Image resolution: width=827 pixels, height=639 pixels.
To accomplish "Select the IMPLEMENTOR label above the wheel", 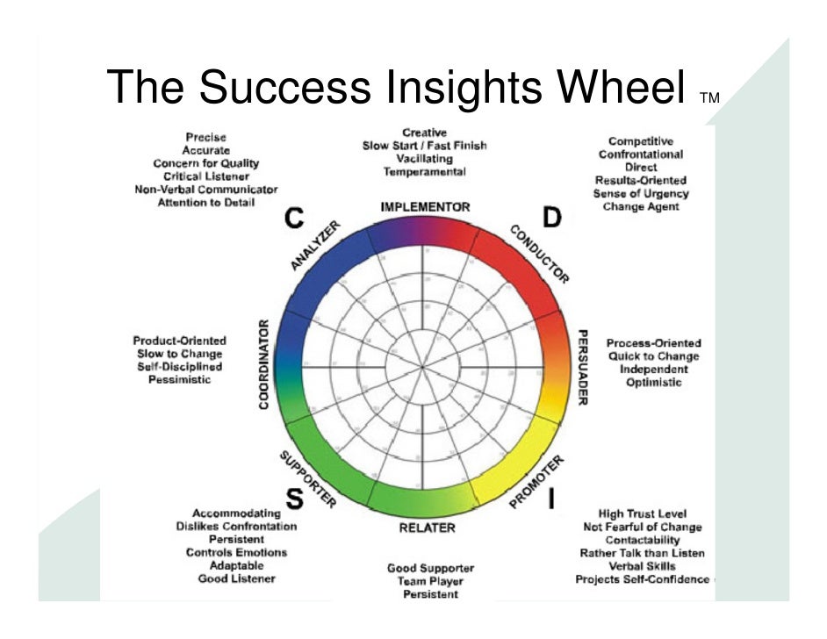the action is [425, 207].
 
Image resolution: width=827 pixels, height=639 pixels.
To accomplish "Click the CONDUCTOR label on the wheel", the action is [539, 253].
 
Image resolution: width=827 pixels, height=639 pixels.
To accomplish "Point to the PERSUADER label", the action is [582, 368].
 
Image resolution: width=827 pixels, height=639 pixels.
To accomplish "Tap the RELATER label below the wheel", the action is [428, 528].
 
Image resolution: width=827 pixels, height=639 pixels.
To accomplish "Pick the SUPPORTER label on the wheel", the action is [307, 479].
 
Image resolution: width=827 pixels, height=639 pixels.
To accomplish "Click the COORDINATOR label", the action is [264, 365].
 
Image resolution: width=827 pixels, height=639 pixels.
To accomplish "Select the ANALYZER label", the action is [313, 246].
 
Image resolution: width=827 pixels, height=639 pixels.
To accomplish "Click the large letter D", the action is [552, 217].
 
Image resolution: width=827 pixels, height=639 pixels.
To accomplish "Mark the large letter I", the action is [551, 499].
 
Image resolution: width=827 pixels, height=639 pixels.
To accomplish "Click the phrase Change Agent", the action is [640, 207].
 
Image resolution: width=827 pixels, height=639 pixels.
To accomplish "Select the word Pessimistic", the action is [179, 380].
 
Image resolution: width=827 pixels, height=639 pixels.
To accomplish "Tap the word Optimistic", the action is [653, 383].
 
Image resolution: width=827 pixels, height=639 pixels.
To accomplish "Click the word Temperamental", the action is [424, 172].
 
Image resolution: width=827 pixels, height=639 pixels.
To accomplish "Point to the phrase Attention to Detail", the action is [205, 203].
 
